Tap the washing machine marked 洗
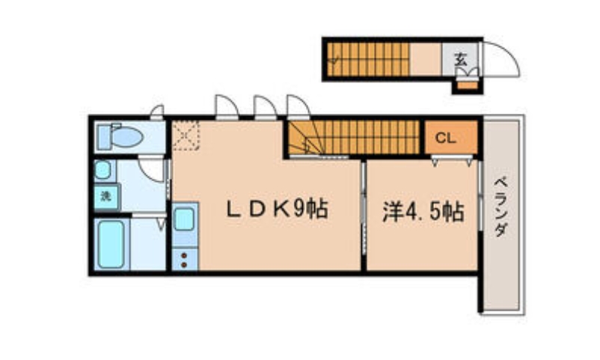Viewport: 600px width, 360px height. pos(105,197)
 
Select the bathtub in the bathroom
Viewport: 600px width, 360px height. pos(110,242)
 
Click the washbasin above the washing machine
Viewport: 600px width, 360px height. pos(102,170)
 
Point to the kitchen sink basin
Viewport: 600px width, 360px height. pos(184,220)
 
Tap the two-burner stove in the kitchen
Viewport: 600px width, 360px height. pos(184,259)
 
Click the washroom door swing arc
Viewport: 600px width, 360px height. pos(154,169)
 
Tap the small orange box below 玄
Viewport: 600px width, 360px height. pos(466,83)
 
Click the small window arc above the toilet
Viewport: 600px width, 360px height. pos(157,113)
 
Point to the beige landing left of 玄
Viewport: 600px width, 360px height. pos(426,58)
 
